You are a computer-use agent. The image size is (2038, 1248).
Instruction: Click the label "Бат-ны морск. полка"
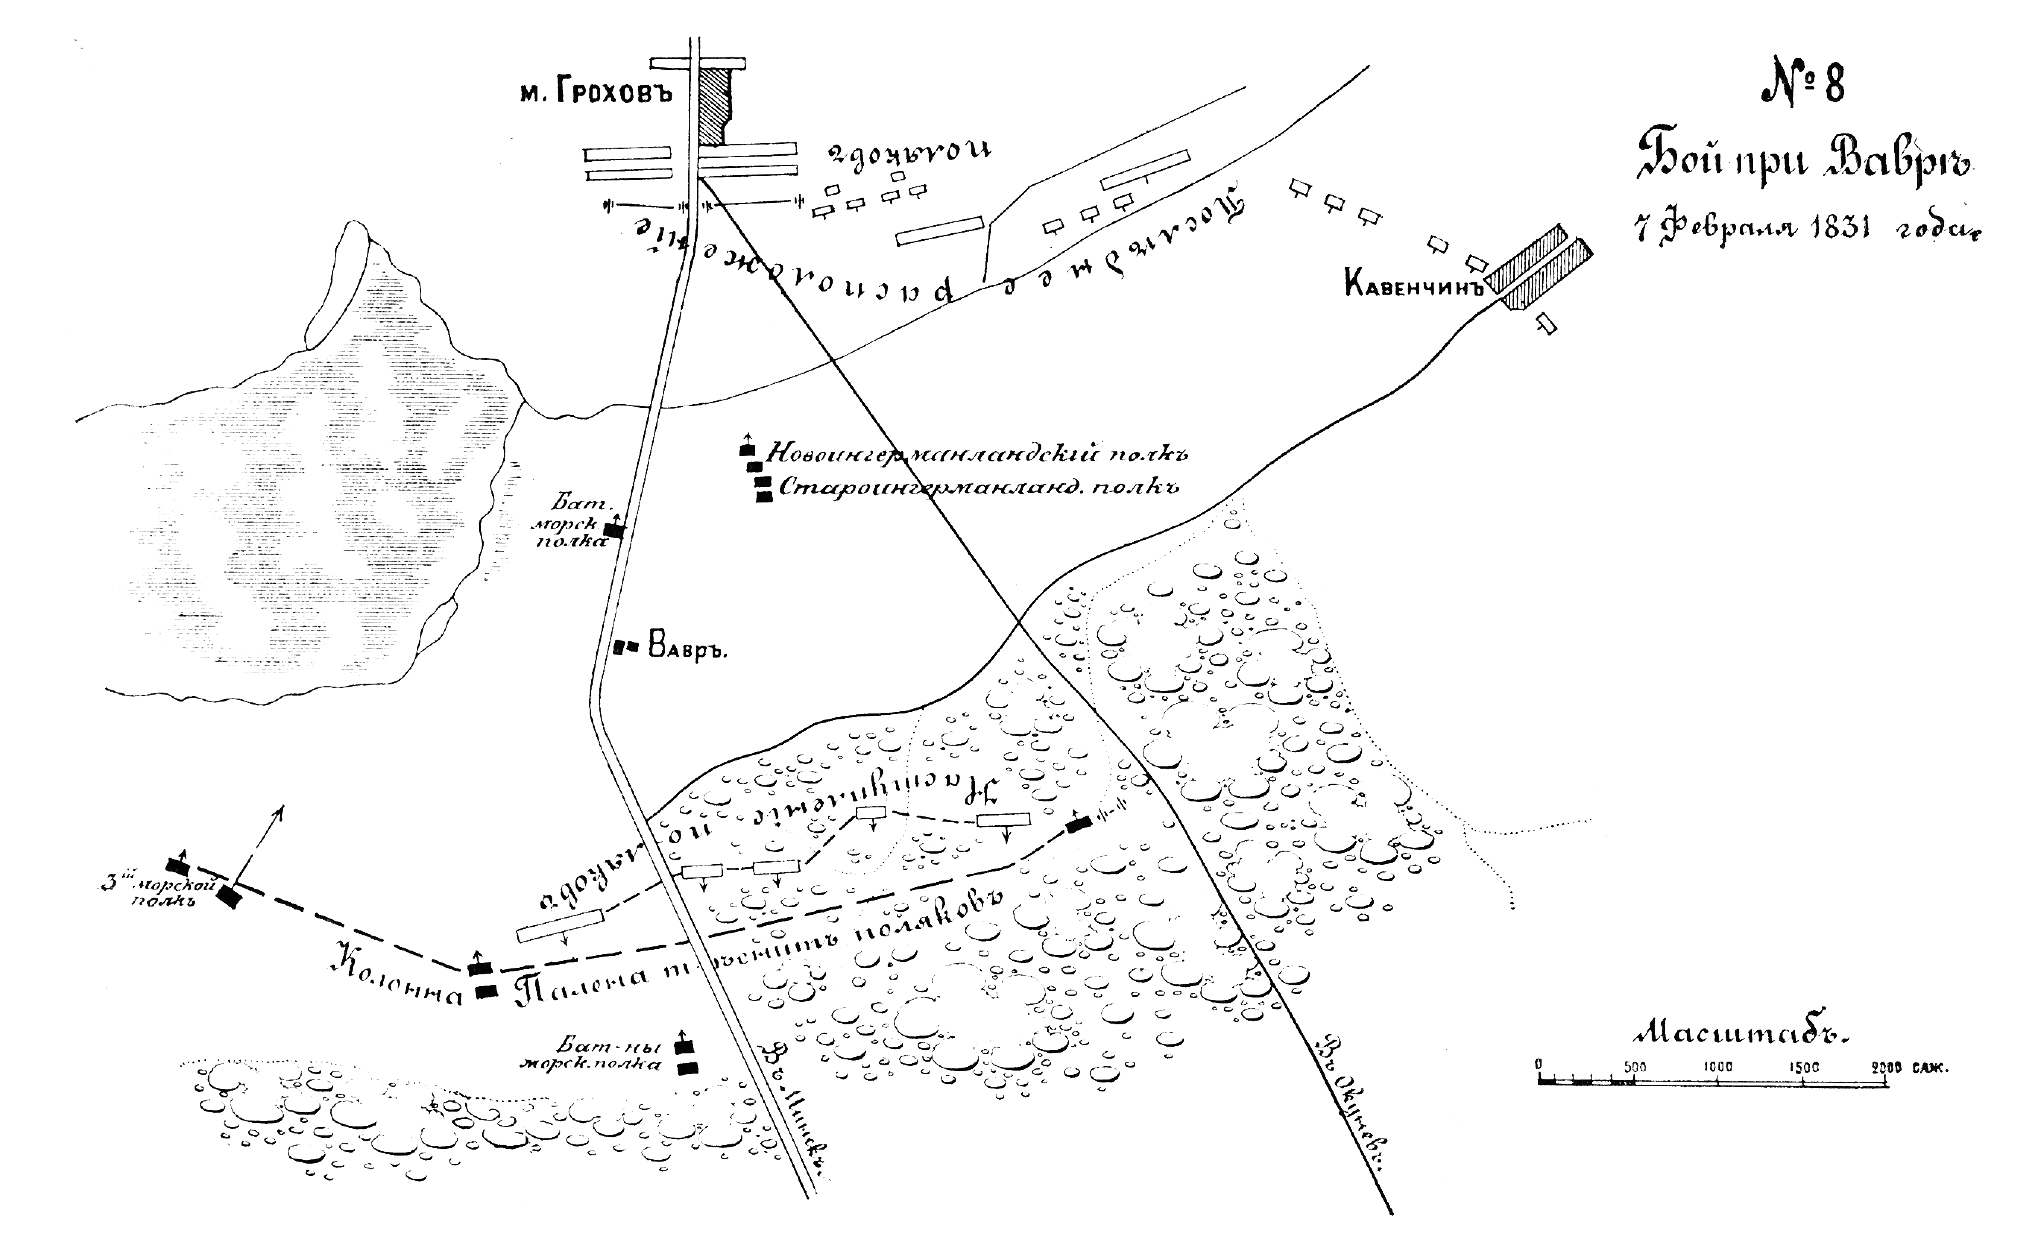pos(590,1055)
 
